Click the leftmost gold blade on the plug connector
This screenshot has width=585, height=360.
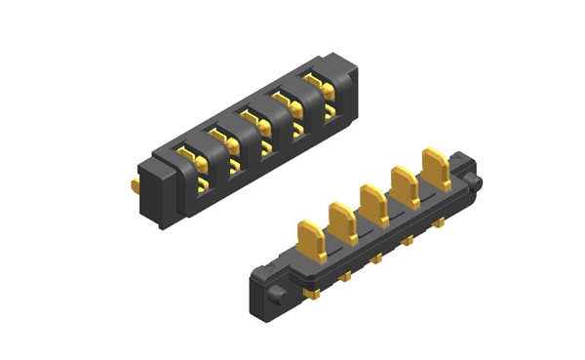point(311,239)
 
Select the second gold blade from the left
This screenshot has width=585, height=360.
point(341,220)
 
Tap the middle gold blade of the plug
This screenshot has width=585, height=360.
point(371,200)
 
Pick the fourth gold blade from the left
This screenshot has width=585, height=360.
point(402,182)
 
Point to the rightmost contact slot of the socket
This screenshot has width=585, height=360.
point(322,85)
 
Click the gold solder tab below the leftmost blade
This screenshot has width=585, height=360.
point(314,293)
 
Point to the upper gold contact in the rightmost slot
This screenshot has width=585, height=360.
point(314,78)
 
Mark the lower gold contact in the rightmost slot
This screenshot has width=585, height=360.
point(330,112)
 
